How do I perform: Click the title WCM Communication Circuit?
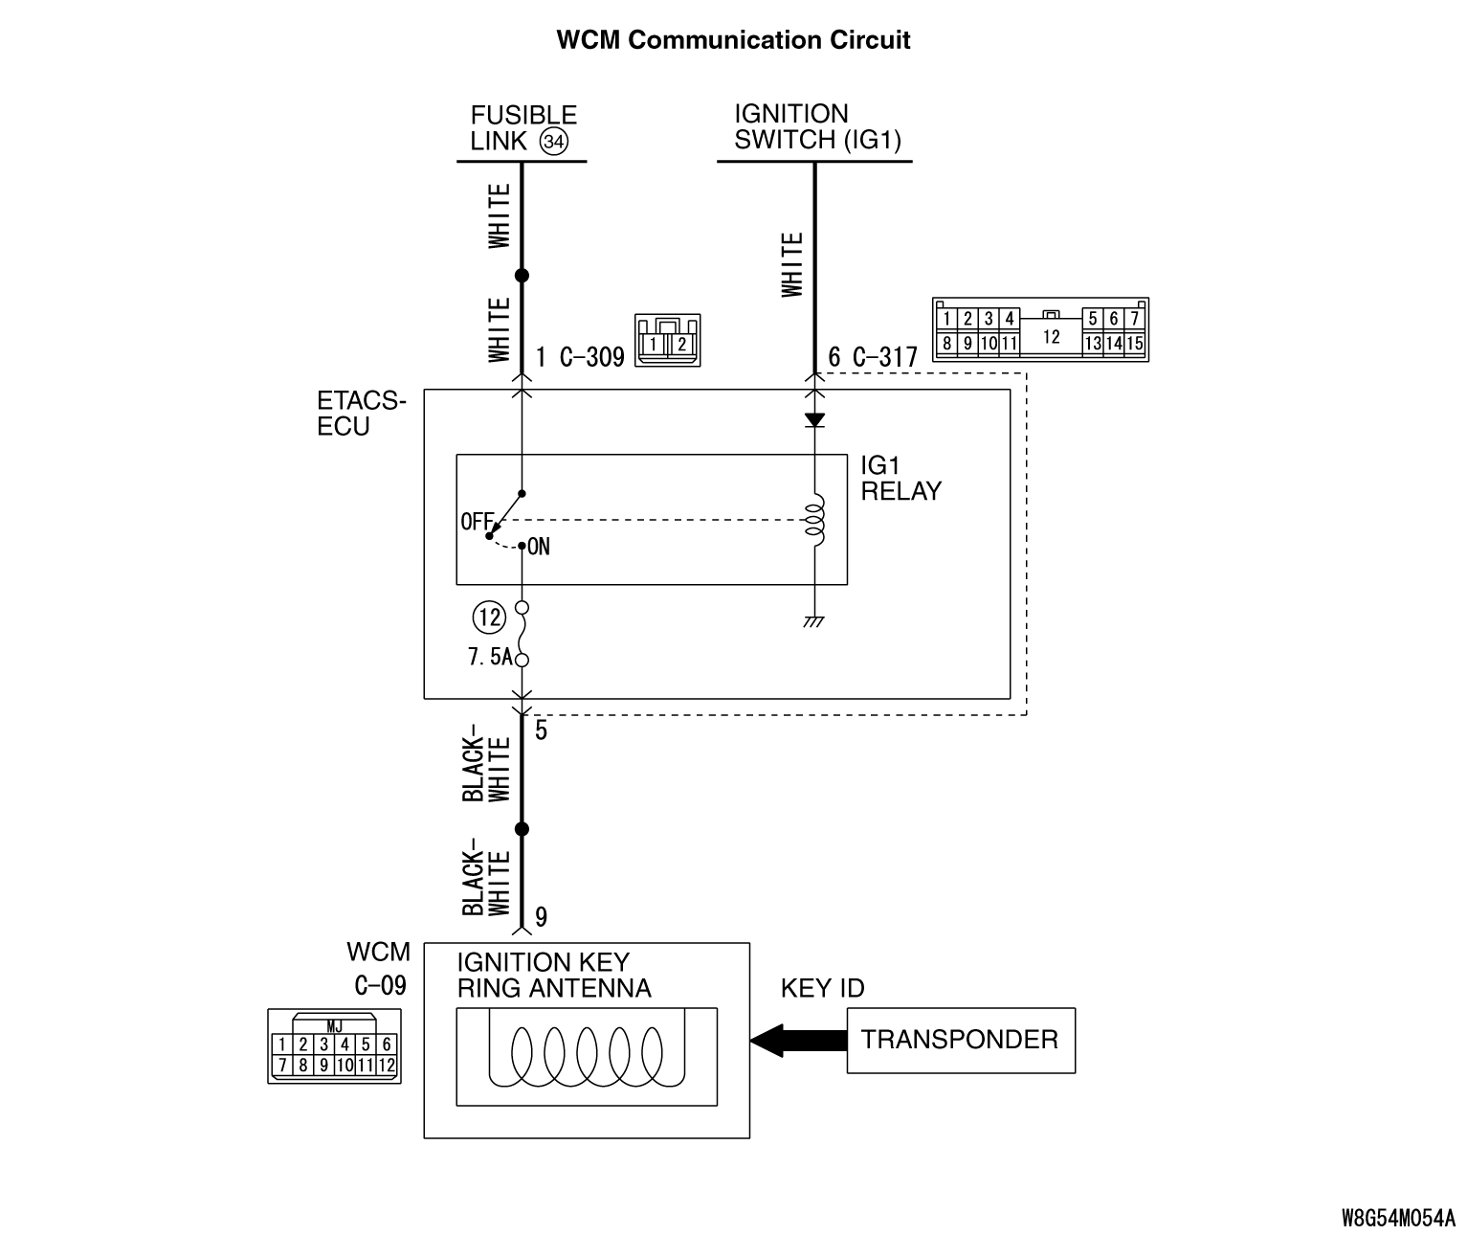[733, 40]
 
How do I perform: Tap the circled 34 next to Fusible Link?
[554, 143]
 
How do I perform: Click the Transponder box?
[961, 1040]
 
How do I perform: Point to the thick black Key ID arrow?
[798, 1040]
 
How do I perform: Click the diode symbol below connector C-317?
[814, 420]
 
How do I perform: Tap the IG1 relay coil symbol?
[815, 520]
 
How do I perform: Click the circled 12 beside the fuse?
[490, 617]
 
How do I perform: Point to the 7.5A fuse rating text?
[489, 659]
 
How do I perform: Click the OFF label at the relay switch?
[476, 522]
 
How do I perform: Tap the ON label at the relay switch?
[539, 547]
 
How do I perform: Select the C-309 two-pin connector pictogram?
[667, 340]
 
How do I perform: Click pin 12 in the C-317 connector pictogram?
[1052, 336]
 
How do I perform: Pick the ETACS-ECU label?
[362, 414]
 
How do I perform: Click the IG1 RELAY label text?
[900, 479]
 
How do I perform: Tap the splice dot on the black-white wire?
[522, 829]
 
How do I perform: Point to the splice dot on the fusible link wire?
[522, 276]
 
